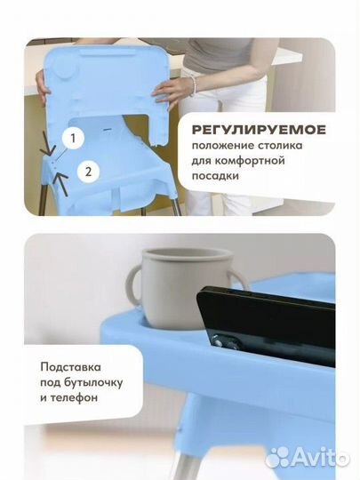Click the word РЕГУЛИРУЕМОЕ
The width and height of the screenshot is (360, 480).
pos(259,129)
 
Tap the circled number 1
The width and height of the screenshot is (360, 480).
pos(73,138)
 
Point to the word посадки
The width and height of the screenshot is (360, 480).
pos(219,178)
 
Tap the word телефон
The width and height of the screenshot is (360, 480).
pos(77,397)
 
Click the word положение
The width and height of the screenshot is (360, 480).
pos(224,146)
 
